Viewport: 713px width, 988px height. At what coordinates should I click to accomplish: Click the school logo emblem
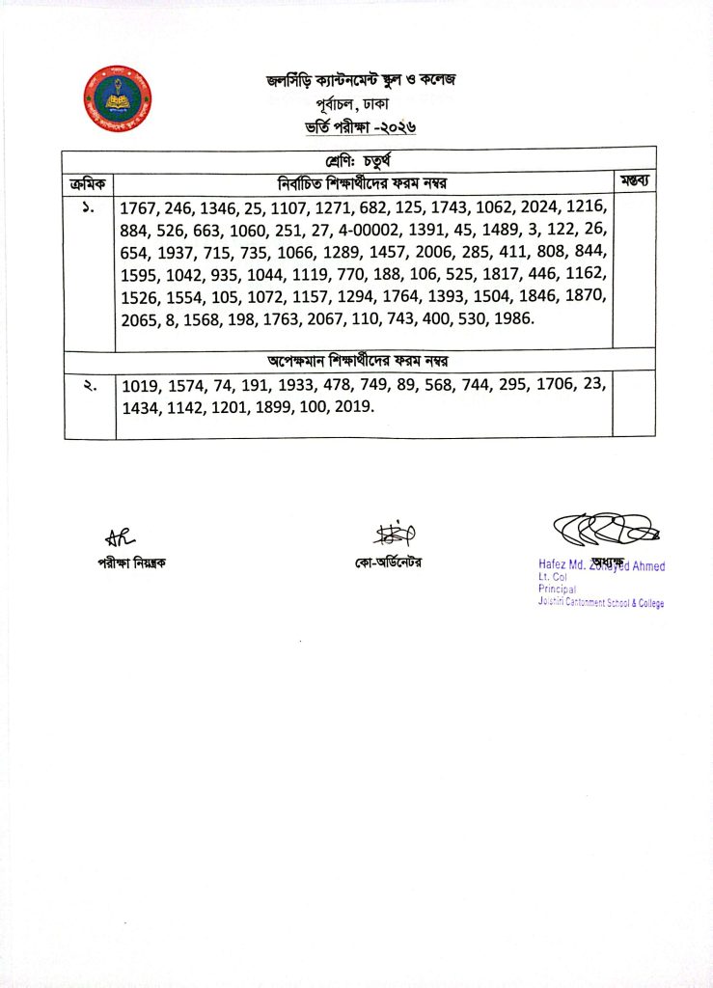[118, 99]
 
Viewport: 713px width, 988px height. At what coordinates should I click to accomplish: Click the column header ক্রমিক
[89, 181]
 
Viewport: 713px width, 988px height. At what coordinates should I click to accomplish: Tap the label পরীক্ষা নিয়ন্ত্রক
[124, 563]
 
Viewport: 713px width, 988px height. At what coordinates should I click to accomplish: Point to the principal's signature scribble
[603, 530]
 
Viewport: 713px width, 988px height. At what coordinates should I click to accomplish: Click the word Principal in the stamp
[557, 589]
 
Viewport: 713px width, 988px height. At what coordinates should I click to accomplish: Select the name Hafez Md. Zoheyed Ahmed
[601, 566]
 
